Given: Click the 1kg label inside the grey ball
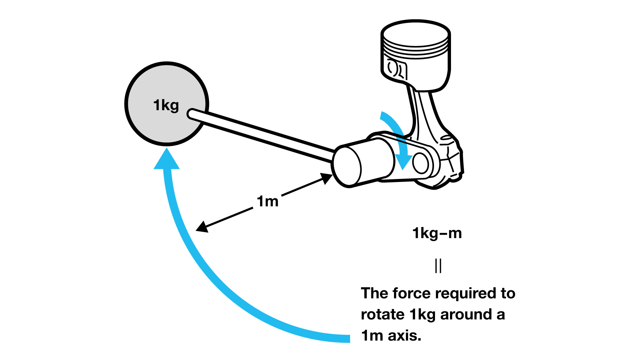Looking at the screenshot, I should coord(166,105).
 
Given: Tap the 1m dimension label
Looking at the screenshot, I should coord(267,201).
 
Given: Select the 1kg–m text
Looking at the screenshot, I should coord(437,233).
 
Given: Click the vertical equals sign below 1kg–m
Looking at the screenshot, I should coord(438,266).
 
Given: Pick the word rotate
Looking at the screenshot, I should coord(382,314).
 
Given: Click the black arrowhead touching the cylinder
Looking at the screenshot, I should coord(326,178).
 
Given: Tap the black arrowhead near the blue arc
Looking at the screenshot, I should coord(202,227).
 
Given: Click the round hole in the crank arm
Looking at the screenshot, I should coord(421,163).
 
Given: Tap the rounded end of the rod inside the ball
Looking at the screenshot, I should coord(192,114).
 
